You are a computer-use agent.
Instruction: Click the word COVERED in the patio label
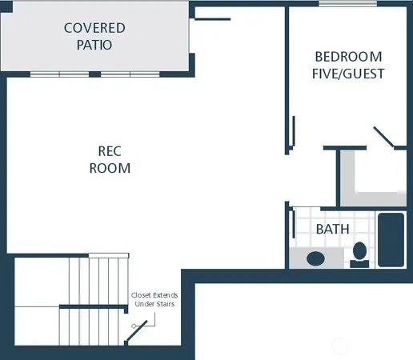point(94,28)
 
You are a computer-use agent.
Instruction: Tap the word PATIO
point(94,45)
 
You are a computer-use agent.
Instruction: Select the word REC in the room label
point(109,150)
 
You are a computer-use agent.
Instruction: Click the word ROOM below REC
point(109,168)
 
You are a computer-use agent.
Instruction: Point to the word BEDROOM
point(348,57)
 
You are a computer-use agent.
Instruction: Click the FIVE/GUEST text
point(348,74)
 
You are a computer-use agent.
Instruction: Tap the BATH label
point(332,229)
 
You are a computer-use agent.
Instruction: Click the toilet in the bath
point(360,254)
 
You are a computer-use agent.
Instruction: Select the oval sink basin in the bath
point(315,259)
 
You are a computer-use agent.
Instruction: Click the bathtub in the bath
point(391,240)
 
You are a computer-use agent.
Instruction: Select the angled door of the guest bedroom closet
point(383,137)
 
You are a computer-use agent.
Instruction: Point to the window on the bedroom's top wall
point(347,4)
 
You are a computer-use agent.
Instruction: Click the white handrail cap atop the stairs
point(108,255)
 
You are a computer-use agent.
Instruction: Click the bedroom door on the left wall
point(294,131)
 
